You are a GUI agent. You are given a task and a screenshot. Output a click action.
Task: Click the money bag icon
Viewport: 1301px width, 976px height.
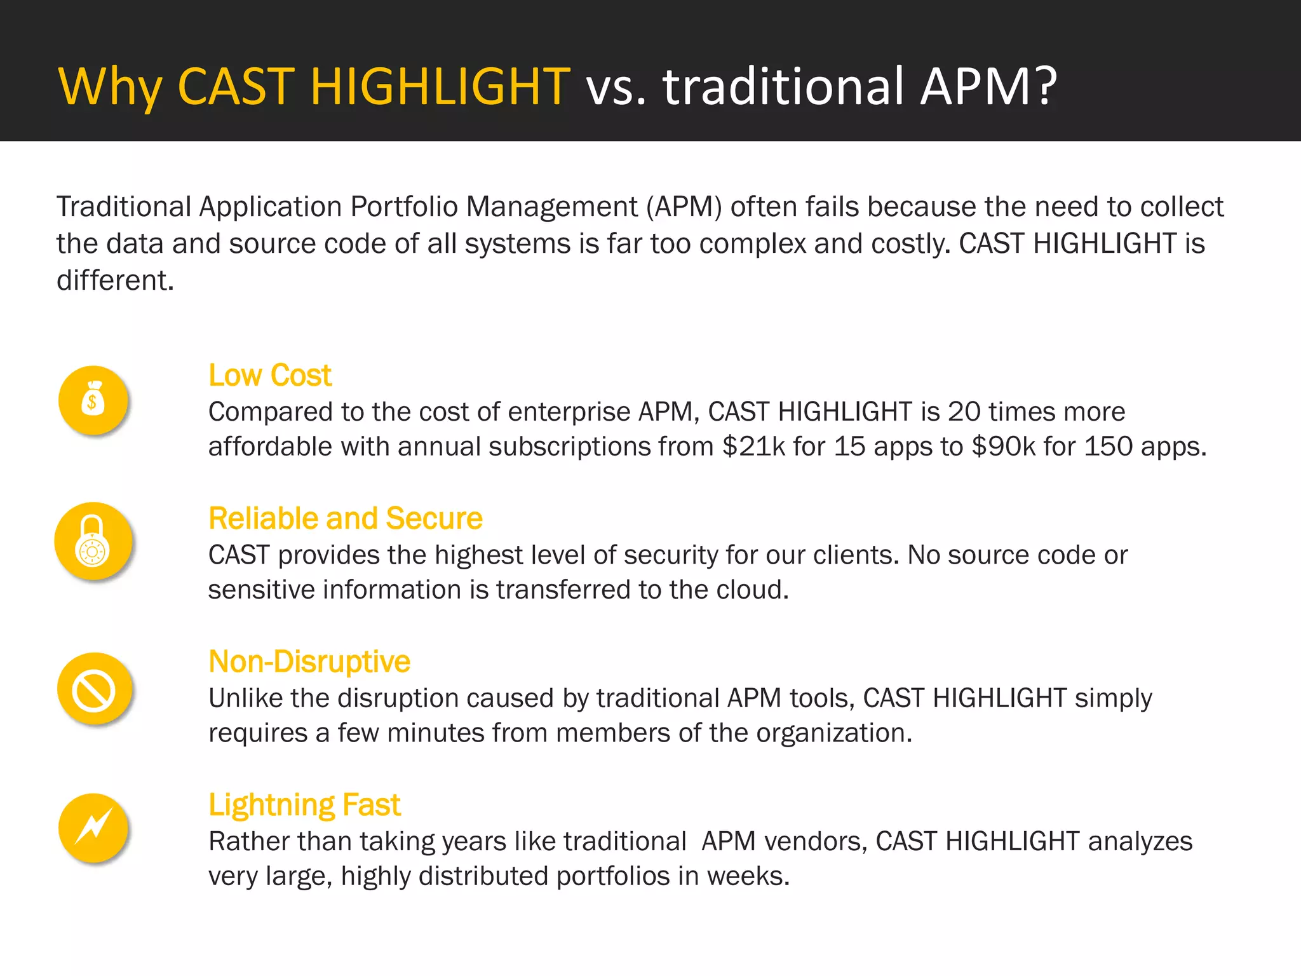pyautogui.click(x=93, y=400)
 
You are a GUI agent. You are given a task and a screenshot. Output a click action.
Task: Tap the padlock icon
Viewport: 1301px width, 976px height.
pyautogui.click(x=93, y=541)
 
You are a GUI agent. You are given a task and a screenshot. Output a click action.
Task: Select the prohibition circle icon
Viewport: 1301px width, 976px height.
pyautogui.click(x=93, y=691)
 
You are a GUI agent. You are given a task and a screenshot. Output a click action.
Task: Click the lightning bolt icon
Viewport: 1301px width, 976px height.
pyautogui.click(x=93, y=827)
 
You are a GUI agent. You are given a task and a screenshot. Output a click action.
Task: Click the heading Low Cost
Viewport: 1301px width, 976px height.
pyautogui.click(x=269, y=375)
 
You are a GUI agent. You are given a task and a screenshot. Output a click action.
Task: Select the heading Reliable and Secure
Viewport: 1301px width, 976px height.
pyautogui.click(x=345, y=518)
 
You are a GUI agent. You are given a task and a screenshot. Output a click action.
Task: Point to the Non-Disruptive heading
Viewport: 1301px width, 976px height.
pyautogui.click(x=309, y=661)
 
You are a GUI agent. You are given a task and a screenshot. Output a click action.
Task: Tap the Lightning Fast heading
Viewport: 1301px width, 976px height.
pyautogui.click(x=304, y=804)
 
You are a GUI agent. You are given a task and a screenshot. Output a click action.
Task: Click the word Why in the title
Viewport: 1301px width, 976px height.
pyautogui.click(x=110, y=86)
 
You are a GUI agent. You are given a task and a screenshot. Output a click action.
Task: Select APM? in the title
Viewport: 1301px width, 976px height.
pyautogui.click(x=989, y=86)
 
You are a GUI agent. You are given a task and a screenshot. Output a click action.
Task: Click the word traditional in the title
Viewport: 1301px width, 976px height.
pyautogui.click(x=783, y=86)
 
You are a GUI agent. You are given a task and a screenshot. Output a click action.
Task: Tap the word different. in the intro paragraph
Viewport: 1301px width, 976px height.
pyautogui.click(x=115, y=280)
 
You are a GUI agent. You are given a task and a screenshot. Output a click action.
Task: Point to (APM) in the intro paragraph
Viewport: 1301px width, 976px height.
pyautogui.click(x=684, y=207)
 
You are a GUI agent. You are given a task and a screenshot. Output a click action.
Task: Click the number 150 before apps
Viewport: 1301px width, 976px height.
pyautogui.click(x=1108, y=446)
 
